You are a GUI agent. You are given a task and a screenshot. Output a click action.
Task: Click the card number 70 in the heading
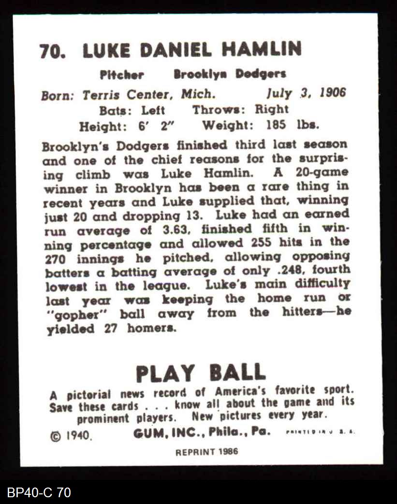[x=52, y=51]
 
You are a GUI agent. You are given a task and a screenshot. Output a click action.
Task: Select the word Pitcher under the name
[x=122, y=75]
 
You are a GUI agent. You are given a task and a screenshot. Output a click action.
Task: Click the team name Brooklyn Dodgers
[x=230, y=74]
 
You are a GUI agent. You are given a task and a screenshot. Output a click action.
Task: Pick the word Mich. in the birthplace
[x=196, y=94]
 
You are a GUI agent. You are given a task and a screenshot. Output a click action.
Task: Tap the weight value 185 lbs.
[x=293, y=125]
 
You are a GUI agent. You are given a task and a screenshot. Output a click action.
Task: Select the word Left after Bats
[x=153, y=110]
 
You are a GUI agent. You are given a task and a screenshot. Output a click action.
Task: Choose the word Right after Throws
[x=271, y=109]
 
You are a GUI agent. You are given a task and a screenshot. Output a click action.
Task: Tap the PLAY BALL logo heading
[x=200, y=373]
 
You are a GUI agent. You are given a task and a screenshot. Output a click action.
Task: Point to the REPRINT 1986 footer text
[x=206, y=453]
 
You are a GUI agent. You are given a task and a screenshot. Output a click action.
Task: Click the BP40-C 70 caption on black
[x=39, y=492]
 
